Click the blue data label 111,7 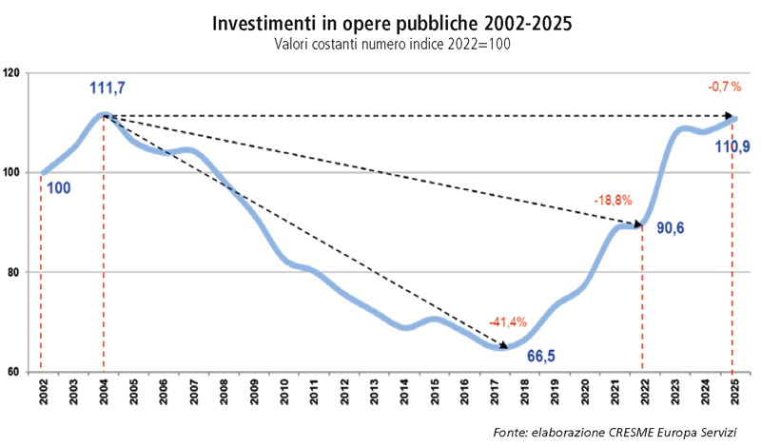[107, 88]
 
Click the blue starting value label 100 [57, 188]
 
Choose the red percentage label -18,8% [612, 202]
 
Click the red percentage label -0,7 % [724, 87]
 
